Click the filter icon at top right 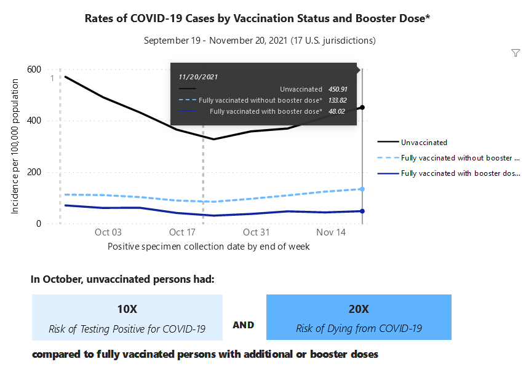click(x=516, y=53)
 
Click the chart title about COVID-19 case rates click(x=257, y=18)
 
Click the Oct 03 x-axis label click(x=108, y=232)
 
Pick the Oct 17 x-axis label click(x=182, y=232)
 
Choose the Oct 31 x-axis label click(x=256, y=232)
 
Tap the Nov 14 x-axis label click(x=330, y=232)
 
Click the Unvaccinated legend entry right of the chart click(x=424, y=142)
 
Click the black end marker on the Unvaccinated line click(x=362, y=108)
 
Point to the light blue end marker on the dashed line click(x=362, y=189)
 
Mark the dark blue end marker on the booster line click(x=362, y=211)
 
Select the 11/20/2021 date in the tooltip click(x=198, y=77)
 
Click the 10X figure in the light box click(x=127, y=309)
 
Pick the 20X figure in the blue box click(x=359, y=309)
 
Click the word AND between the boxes click(x=244, y=325)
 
